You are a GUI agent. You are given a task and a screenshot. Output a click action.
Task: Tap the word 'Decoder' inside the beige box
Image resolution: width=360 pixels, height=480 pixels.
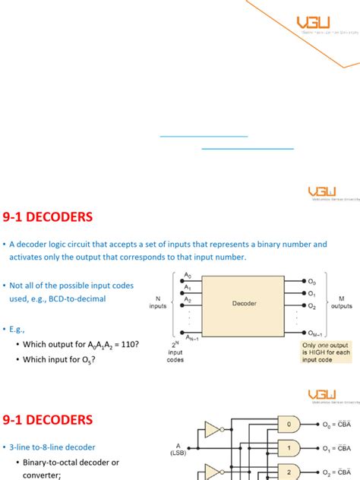pyautogui.click(x=245, y=303)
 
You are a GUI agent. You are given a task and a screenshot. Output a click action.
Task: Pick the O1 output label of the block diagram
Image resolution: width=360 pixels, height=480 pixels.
pyautogui.click(x=311, y=292)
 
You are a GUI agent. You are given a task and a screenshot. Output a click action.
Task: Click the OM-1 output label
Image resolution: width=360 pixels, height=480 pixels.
pyautogui.click(x=314, y=332)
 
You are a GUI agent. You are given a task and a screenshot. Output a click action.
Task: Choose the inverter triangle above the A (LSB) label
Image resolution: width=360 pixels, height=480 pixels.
pyautogui.click(x=212, y=430)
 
